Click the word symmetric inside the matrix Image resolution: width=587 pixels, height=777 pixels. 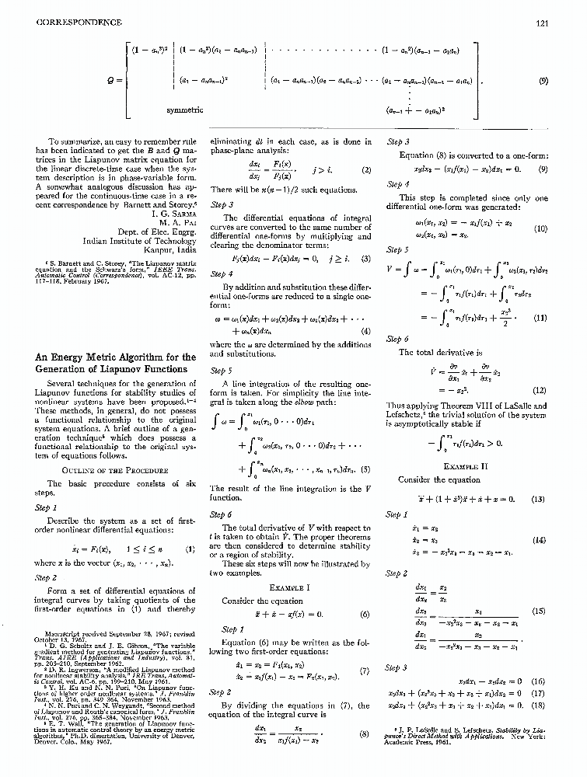pyautogui.click(x=185, y=110)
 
